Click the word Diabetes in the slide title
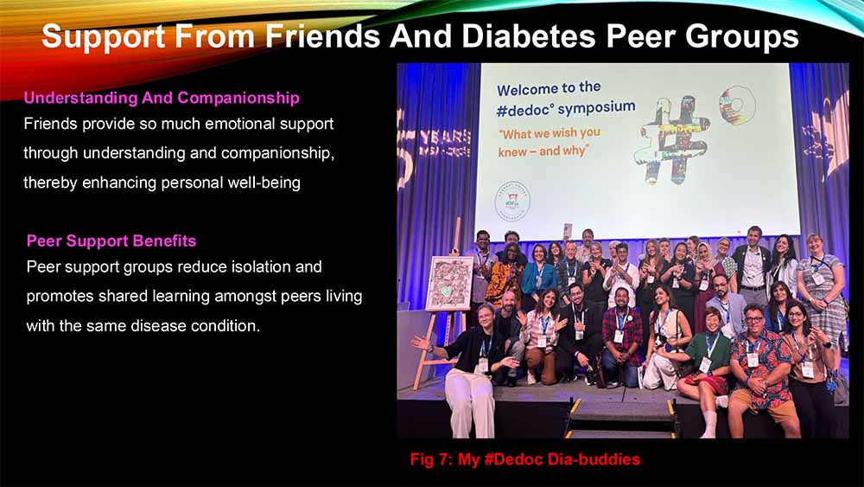529,36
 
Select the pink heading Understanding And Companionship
162,98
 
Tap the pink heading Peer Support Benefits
111,241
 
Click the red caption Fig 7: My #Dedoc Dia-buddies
525,459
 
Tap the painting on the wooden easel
449,284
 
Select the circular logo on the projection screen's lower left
511,201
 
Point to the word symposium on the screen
597,107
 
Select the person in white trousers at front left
472,369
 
